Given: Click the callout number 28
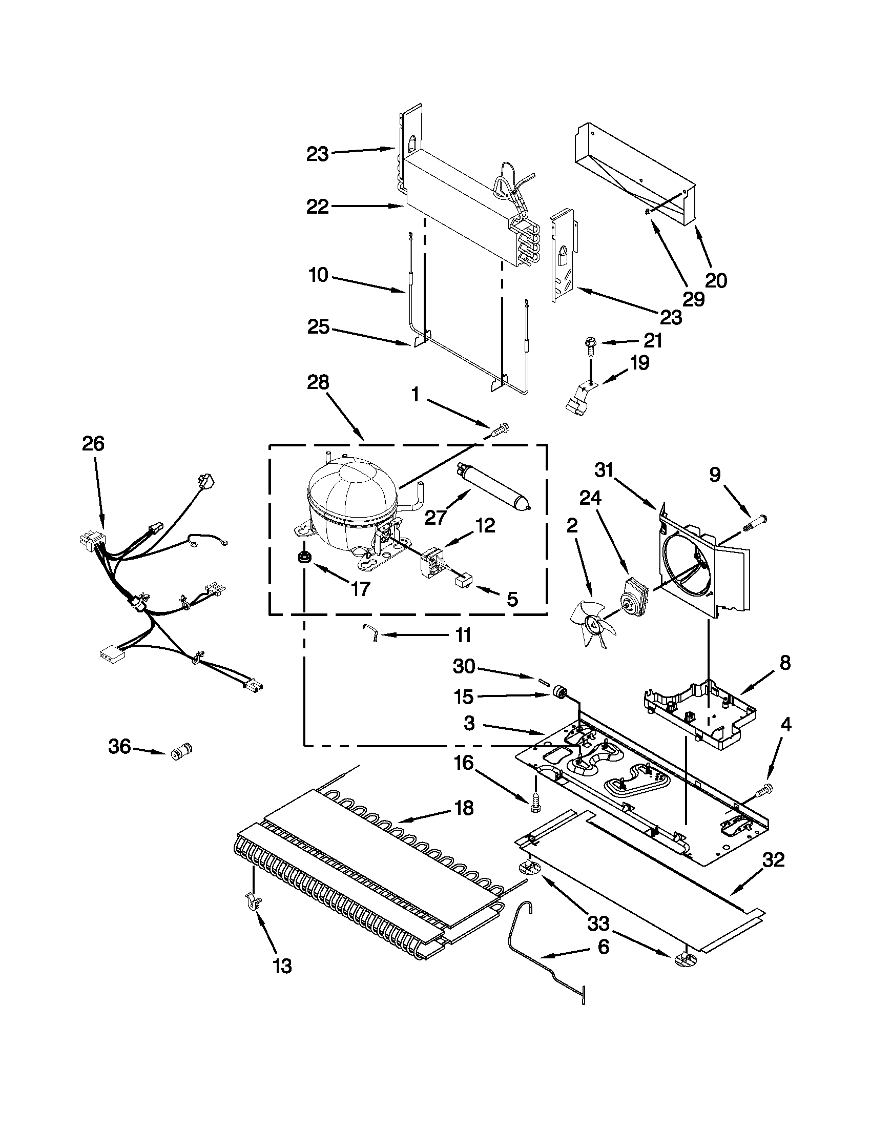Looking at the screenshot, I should [x=318, y=383].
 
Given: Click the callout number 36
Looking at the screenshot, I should [x=119, y=746].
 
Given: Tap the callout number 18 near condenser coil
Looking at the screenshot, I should [x=464, y=808].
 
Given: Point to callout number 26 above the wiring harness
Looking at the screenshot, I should [x=93, y=444].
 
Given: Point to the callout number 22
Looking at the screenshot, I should [x=318, y=207].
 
